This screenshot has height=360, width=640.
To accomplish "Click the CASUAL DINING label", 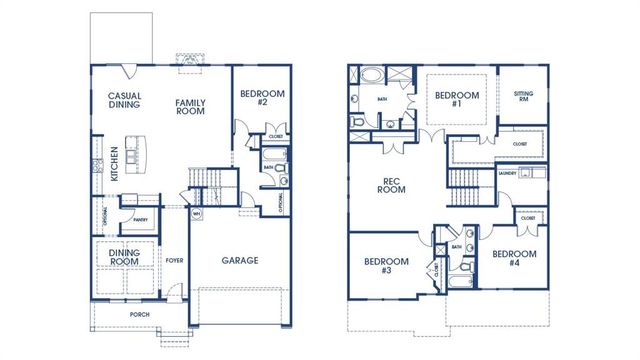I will click(125, 102).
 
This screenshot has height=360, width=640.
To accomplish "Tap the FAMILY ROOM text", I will click(189, 107).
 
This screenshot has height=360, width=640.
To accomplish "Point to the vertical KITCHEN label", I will click(115, 164).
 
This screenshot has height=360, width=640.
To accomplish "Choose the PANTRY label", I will click(140, 220).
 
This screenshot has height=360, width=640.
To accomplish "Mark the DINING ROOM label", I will click(125, 258).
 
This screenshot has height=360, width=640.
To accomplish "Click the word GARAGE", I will click(239, 261).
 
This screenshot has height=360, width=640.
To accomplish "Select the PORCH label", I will click(139, 314).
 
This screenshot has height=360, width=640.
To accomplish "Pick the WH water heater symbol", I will click(196, 214).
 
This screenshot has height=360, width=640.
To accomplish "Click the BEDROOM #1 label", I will click(456, 100).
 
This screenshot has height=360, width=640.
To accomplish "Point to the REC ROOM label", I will click(393, 186).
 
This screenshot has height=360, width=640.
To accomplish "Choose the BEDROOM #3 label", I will click(378, 265).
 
